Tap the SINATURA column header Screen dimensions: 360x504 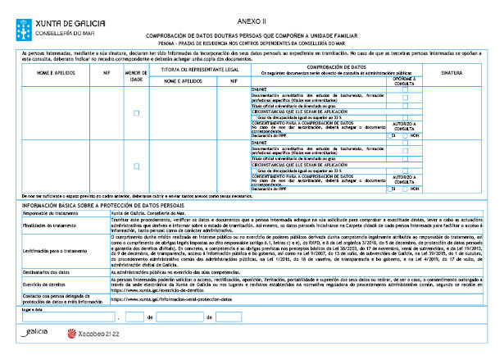click(456, 73)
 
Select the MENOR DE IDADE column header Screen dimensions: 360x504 click(136, 76)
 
